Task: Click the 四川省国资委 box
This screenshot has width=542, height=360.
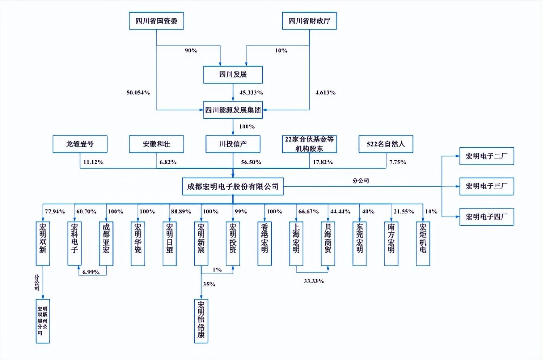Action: (157, 21)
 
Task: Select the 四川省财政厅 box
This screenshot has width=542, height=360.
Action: (309, 21)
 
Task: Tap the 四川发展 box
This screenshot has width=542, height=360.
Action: (233, 75)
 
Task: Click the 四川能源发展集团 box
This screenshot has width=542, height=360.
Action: (233, 110)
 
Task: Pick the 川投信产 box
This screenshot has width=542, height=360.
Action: (233, 144)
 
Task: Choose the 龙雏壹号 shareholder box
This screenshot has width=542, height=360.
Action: (80, 144)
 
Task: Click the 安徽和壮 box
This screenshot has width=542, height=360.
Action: (157, 144)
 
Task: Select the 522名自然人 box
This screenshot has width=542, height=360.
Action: (386, 144)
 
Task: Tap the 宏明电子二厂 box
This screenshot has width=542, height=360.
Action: (487, 156)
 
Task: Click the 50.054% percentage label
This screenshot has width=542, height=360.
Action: (138, 93)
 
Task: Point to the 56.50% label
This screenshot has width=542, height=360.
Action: (251, 162)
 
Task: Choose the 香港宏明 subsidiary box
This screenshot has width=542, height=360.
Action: (265, 244)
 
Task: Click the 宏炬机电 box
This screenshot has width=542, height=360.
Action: (423, 244)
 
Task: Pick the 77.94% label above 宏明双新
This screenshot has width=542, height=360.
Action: (55, 212)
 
